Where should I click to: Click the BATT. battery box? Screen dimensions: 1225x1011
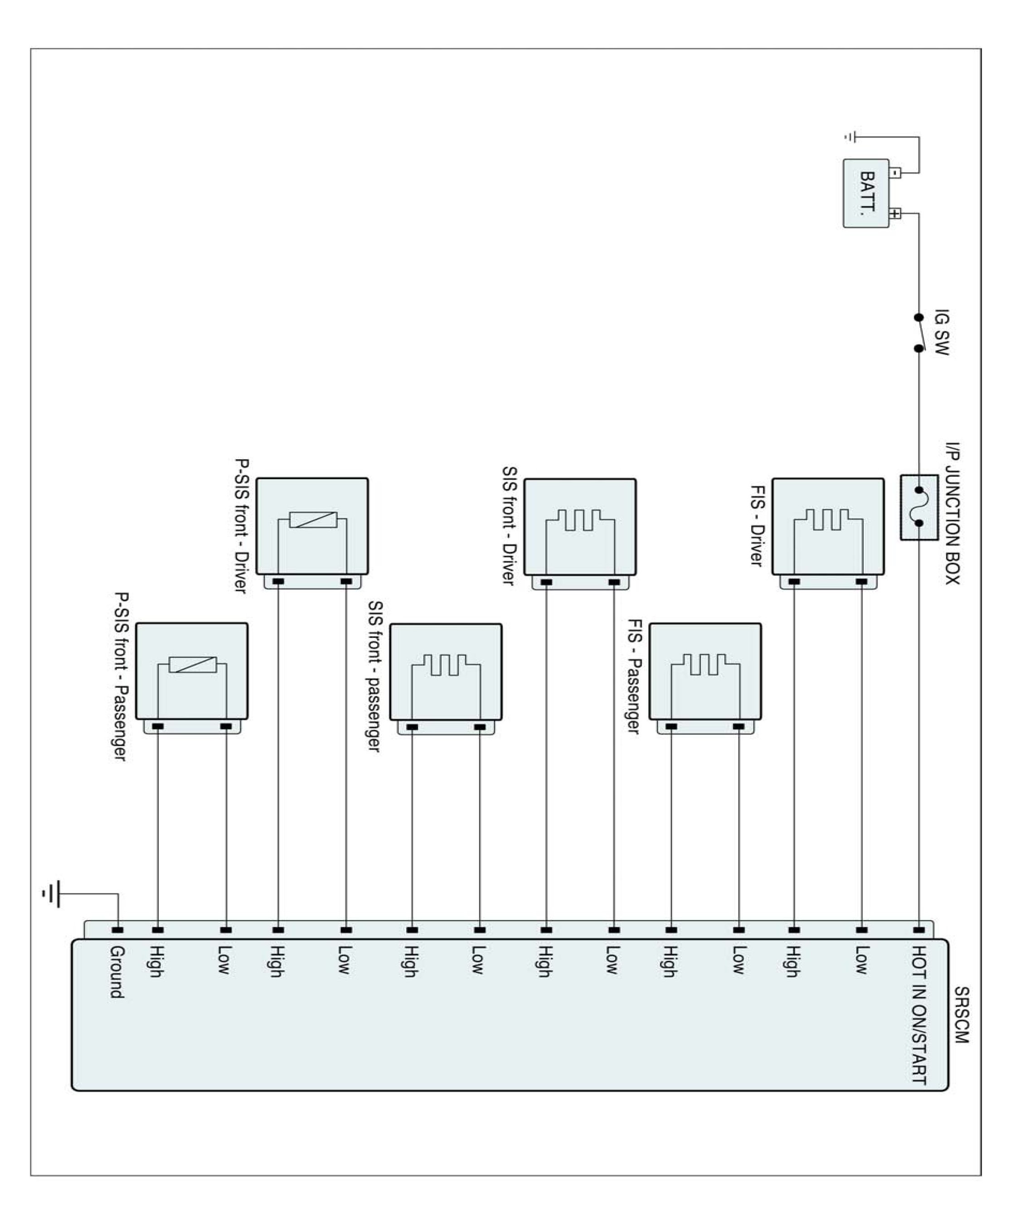866,193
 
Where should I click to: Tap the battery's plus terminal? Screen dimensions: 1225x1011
896,214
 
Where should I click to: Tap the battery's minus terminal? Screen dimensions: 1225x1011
896,172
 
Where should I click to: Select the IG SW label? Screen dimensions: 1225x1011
941,333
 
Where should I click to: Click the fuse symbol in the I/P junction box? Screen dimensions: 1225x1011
919,506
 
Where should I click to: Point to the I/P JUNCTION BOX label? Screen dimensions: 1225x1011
952,513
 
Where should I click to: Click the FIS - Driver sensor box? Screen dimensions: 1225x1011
827,526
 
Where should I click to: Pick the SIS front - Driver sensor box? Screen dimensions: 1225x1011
579,527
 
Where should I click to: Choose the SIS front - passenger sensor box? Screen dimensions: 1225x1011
446,671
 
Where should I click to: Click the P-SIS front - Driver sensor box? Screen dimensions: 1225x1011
312,526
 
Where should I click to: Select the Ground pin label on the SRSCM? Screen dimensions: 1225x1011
117,971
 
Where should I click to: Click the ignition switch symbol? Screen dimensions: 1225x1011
919,333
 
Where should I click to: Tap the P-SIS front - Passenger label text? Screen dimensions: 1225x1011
121,676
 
